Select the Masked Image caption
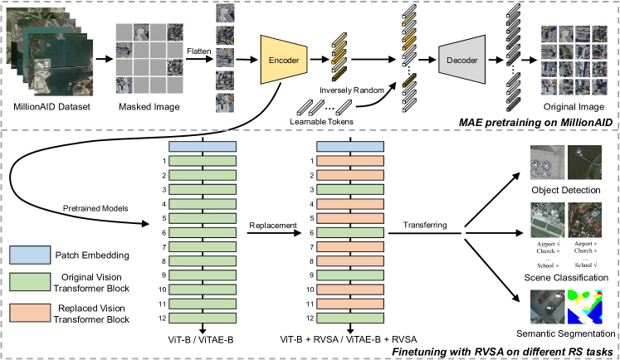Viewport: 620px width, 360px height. pyautogui.click(x=149, y=106)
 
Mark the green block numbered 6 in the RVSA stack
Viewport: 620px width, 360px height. pyautogui.click(x=351, y=233)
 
